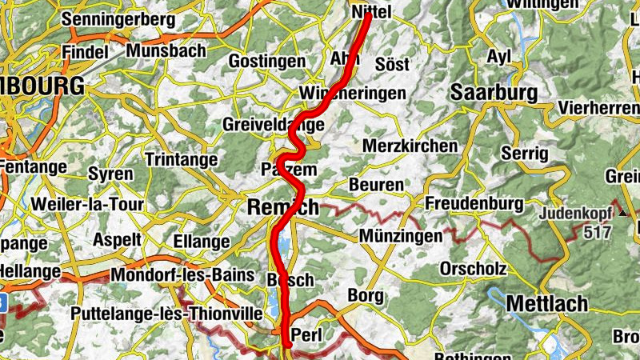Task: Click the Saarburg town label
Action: tap(494, 93)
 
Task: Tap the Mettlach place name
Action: tap(547, 304)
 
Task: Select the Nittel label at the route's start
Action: tap(371, 12)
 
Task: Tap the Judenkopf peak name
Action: tap(577, 214)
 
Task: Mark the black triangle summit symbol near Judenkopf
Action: tap(623, 214)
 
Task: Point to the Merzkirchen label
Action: tap(410, 146)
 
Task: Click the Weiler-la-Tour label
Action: tap(87, 204)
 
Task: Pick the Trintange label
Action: tap(181, 160)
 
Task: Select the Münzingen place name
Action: tap(400, 236)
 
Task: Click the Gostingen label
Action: tap(267, 61)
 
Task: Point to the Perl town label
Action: tap(306, 334)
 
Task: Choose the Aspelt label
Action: tap(118, 239)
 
